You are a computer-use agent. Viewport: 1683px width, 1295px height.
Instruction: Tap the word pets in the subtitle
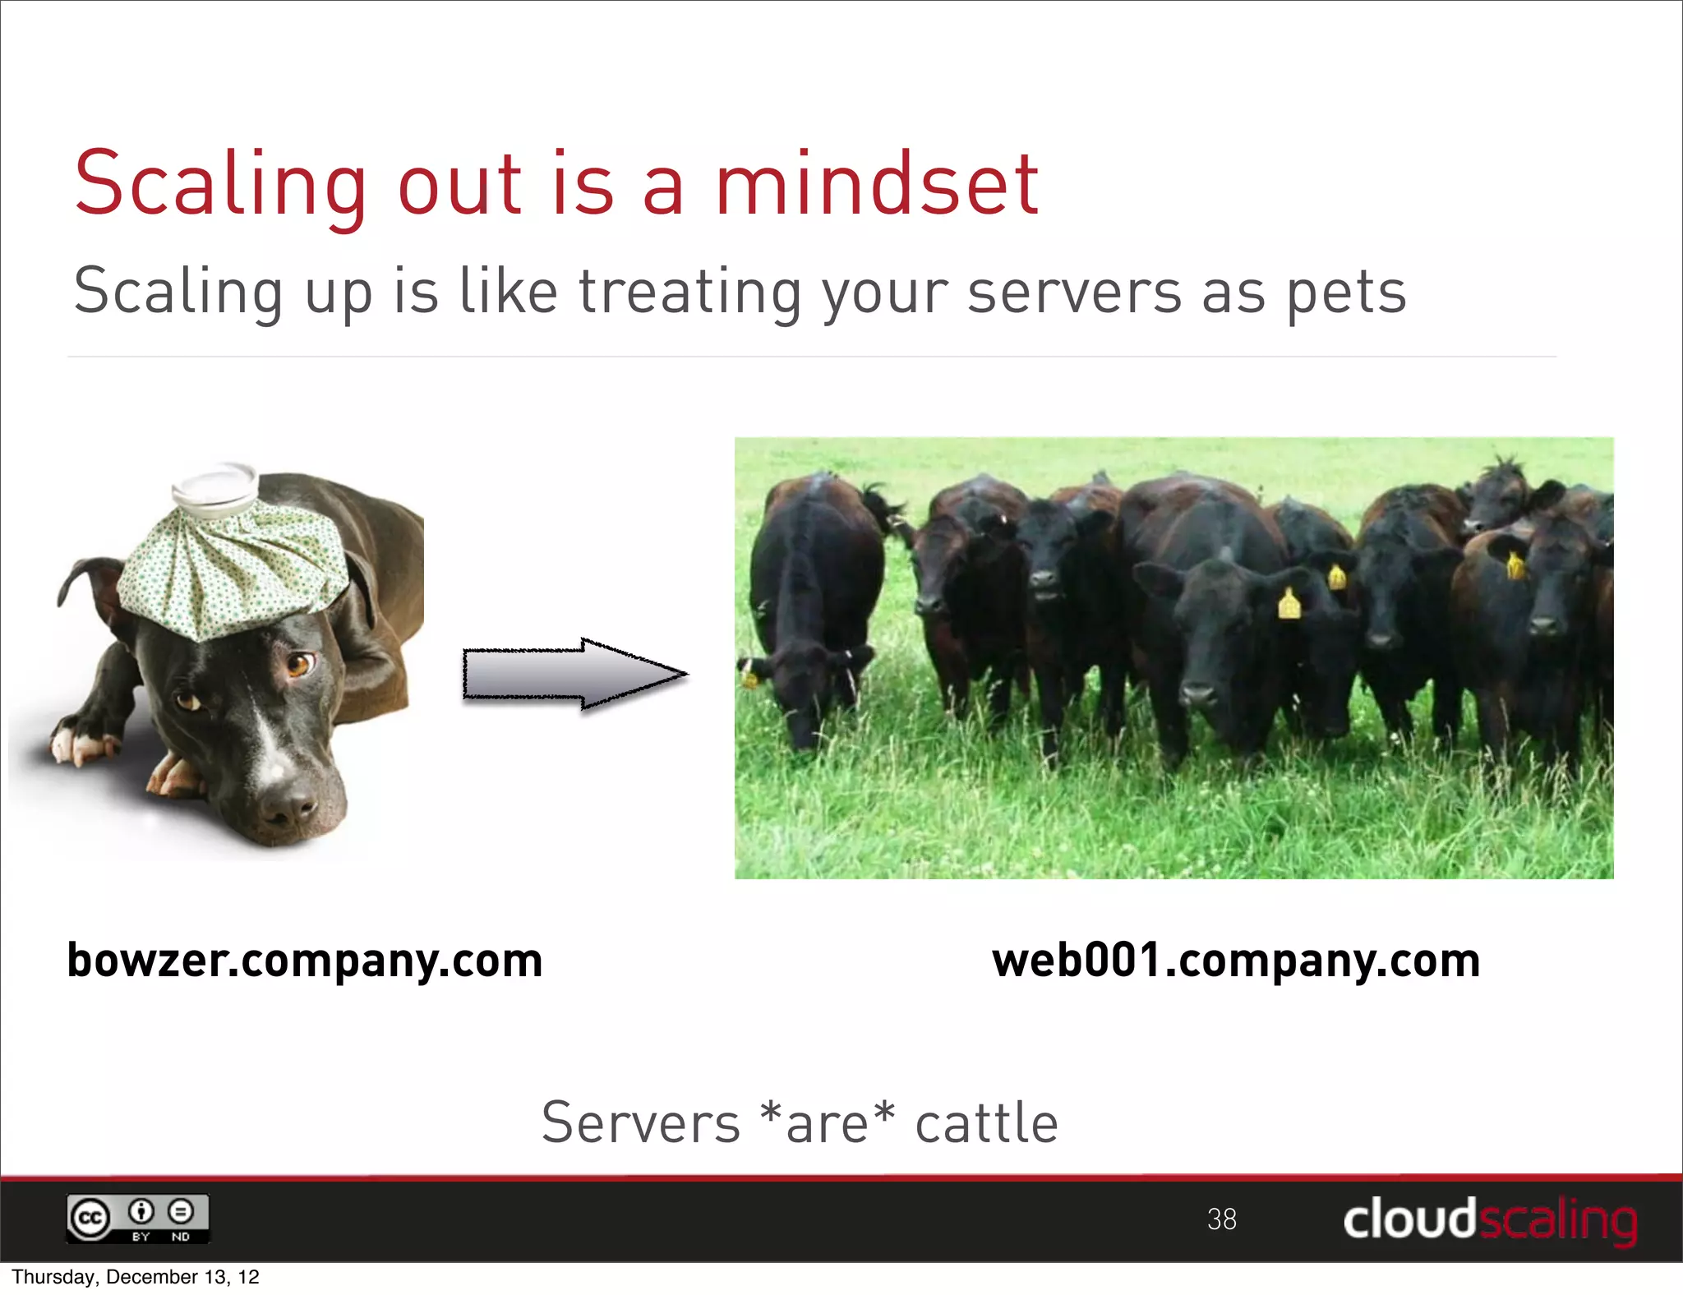(x=1346, y=292)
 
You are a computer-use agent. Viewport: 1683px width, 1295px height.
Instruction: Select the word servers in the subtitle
(x=1074, y=292)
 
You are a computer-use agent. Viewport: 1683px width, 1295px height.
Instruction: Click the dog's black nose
(x=288, y=805)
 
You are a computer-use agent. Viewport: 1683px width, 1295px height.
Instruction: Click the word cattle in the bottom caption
(x=986, y=1123)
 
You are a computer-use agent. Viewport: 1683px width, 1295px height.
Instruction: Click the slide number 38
(x=1222, y=1219)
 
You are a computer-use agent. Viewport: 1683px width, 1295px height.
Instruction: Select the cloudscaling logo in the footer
(x=1489, y=1220)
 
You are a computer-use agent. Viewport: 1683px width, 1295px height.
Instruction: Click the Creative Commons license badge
(x=138, y=1219)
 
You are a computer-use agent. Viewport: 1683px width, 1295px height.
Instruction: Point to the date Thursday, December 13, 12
(x=136, y=1277)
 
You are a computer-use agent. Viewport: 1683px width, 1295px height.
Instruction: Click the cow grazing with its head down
(x=809, y=624)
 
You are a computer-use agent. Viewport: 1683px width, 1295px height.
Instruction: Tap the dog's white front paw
(x=78, y=740)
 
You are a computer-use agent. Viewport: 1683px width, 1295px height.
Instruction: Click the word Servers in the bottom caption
(x=641, y=1123)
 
